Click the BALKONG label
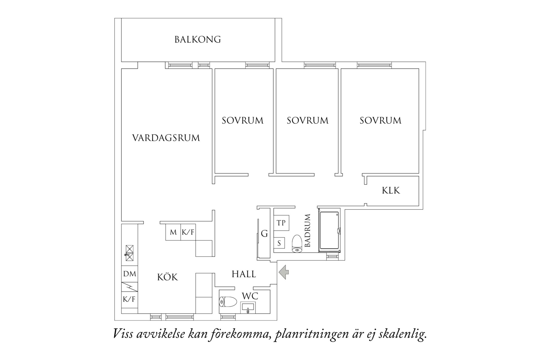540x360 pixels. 197,39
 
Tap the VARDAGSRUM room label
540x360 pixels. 166,138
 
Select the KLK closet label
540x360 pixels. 391,190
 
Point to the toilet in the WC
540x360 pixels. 228,302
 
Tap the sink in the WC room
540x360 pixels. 248,307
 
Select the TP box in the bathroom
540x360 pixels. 281,223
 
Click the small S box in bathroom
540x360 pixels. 279,243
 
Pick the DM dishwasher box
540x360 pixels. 130,274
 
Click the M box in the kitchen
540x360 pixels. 173,232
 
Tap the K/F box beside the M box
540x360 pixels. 188,232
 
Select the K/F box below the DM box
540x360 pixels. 129,299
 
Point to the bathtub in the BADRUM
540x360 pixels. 329,231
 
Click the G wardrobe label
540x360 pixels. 264,234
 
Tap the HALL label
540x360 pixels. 244,274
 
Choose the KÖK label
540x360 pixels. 167,277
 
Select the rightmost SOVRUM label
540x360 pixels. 380,120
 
